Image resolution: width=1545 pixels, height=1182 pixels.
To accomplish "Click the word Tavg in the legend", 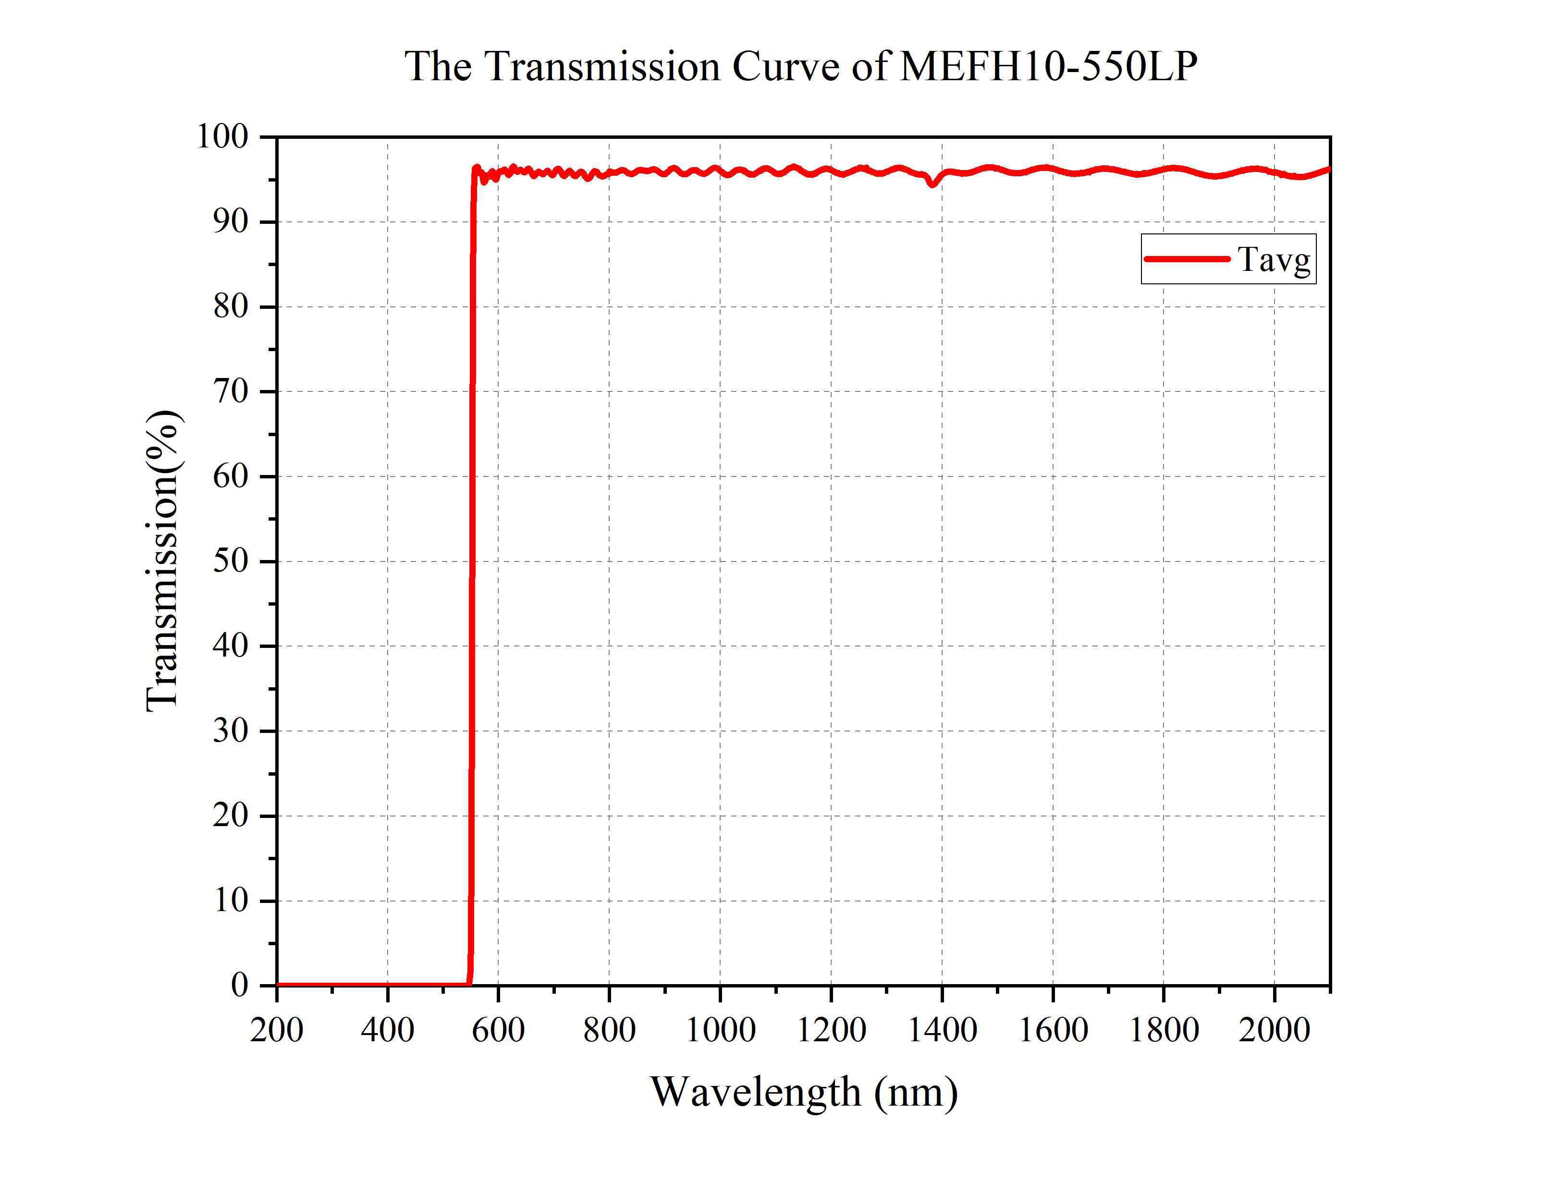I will click(x=1274, y=260).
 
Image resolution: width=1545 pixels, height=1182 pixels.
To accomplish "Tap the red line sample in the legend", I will click(x=1186, y=259).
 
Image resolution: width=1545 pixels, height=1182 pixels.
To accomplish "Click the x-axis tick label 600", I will click(x=498, y=1031).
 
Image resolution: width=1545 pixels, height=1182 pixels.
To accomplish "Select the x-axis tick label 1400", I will click(x=942, y=1031).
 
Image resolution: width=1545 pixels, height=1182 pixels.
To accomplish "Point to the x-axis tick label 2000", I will click(x=1274, y=1031).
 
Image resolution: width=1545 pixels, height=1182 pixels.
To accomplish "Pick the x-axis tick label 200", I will click(x=277, y=1031).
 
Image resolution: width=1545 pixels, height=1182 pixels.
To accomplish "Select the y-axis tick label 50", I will click(x=231, y=561).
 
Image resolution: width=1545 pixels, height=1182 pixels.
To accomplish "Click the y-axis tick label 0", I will click(x=239, y=985).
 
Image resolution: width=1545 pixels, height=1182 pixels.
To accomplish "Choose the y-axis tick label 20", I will click(x=231, y=816).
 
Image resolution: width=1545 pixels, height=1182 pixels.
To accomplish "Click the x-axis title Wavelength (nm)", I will click(x=803, y=1093).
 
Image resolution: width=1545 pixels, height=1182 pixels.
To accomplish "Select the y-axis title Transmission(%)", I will click(x=163, y=561).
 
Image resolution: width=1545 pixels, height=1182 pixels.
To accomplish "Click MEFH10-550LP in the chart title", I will click(x=1048, y=67).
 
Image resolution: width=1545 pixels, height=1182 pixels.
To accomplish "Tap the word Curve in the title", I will click(x=786, y=67).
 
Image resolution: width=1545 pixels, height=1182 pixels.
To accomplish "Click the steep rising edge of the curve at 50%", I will click(x=472, y=561).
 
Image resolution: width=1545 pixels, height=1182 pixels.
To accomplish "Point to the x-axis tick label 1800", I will click(x=1164, y=1031).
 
